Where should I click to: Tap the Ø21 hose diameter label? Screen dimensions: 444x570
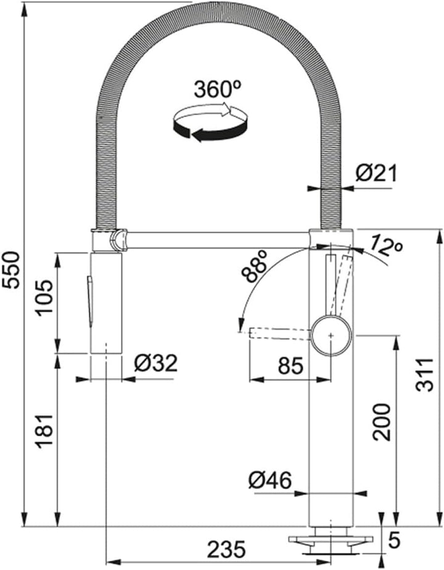[376, 174]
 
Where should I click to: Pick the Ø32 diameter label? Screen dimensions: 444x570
[156, 363]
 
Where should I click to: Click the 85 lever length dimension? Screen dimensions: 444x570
[290, 365]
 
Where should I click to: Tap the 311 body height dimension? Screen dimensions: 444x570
[425, 375]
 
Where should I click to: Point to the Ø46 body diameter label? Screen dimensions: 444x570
[270, 481]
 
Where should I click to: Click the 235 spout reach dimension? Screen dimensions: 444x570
[226, 549]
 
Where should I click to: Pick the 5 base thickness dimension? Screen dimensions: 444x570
[394, 540]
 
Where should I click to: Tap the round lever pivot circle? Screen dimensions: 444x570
[331, 335]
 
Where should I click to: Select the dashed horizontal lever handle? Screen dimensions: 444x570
[280, 334]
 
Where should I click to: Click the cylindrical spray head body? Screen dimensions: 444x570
[105, 303]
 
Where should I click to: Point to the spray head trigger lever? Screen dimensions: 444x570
[89, 300]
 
